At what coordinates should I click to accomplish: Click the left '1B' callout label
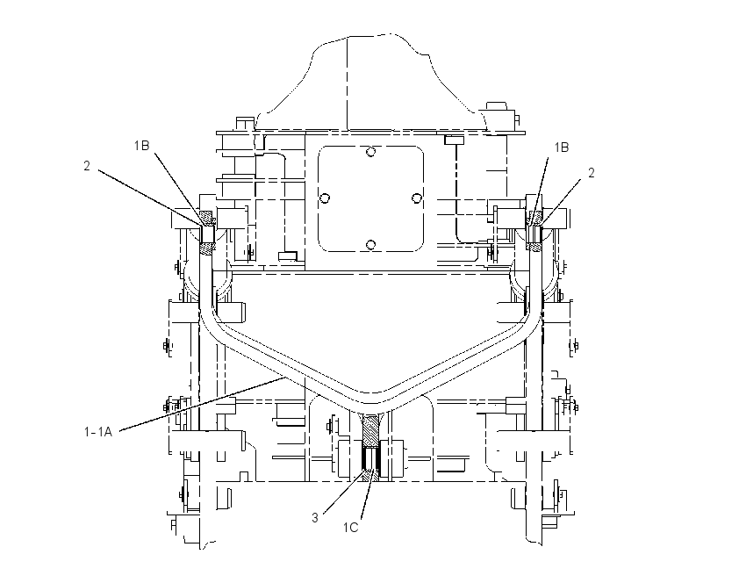pos(141,146)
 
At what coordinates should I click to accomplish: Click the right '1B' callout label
pos(562,148)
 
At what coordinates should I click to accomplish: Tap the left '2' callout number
pos(87,166)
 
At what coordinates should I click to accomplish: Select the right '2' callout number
pos(592,173)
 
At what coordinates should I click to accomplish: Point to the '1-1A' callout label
pos(98,432)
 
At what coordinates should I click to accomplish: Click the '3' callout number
pos(315,518)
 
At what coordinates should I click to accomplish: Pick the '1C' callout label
pos(351,528)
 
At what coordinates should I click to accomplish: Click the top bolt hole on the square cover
pos(370,152)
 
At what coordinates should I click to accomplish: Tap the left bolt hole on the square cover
pos(325,198)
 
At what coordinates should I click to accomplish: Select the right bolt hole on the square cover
pos(416,198)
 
